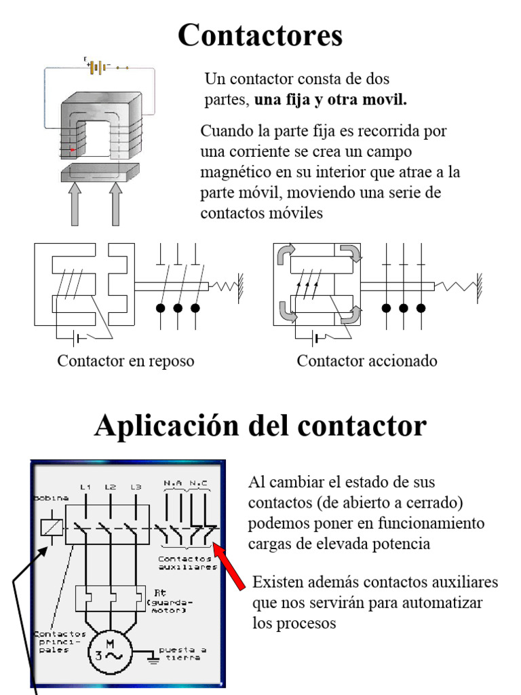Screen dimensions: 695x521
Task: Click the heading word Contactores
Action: point(260,35)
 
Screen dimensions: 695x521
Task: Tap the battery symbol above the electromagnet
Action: point(99,67)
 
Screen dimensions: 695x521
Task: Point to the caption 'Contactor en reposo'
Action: point(126,361)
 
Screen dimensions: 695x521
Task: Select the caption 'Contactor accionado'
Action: point(367,361)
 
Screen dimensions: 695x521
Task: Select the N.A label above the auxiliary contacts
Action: point(172,483)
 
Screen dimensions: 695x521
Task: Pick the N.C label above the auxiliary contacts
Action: point(199,483)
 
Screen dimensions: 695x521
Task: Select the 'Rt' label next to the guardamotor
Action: point(161,590)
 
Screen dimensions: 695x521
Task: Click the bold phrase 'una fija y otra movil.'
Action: point(331,100)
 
